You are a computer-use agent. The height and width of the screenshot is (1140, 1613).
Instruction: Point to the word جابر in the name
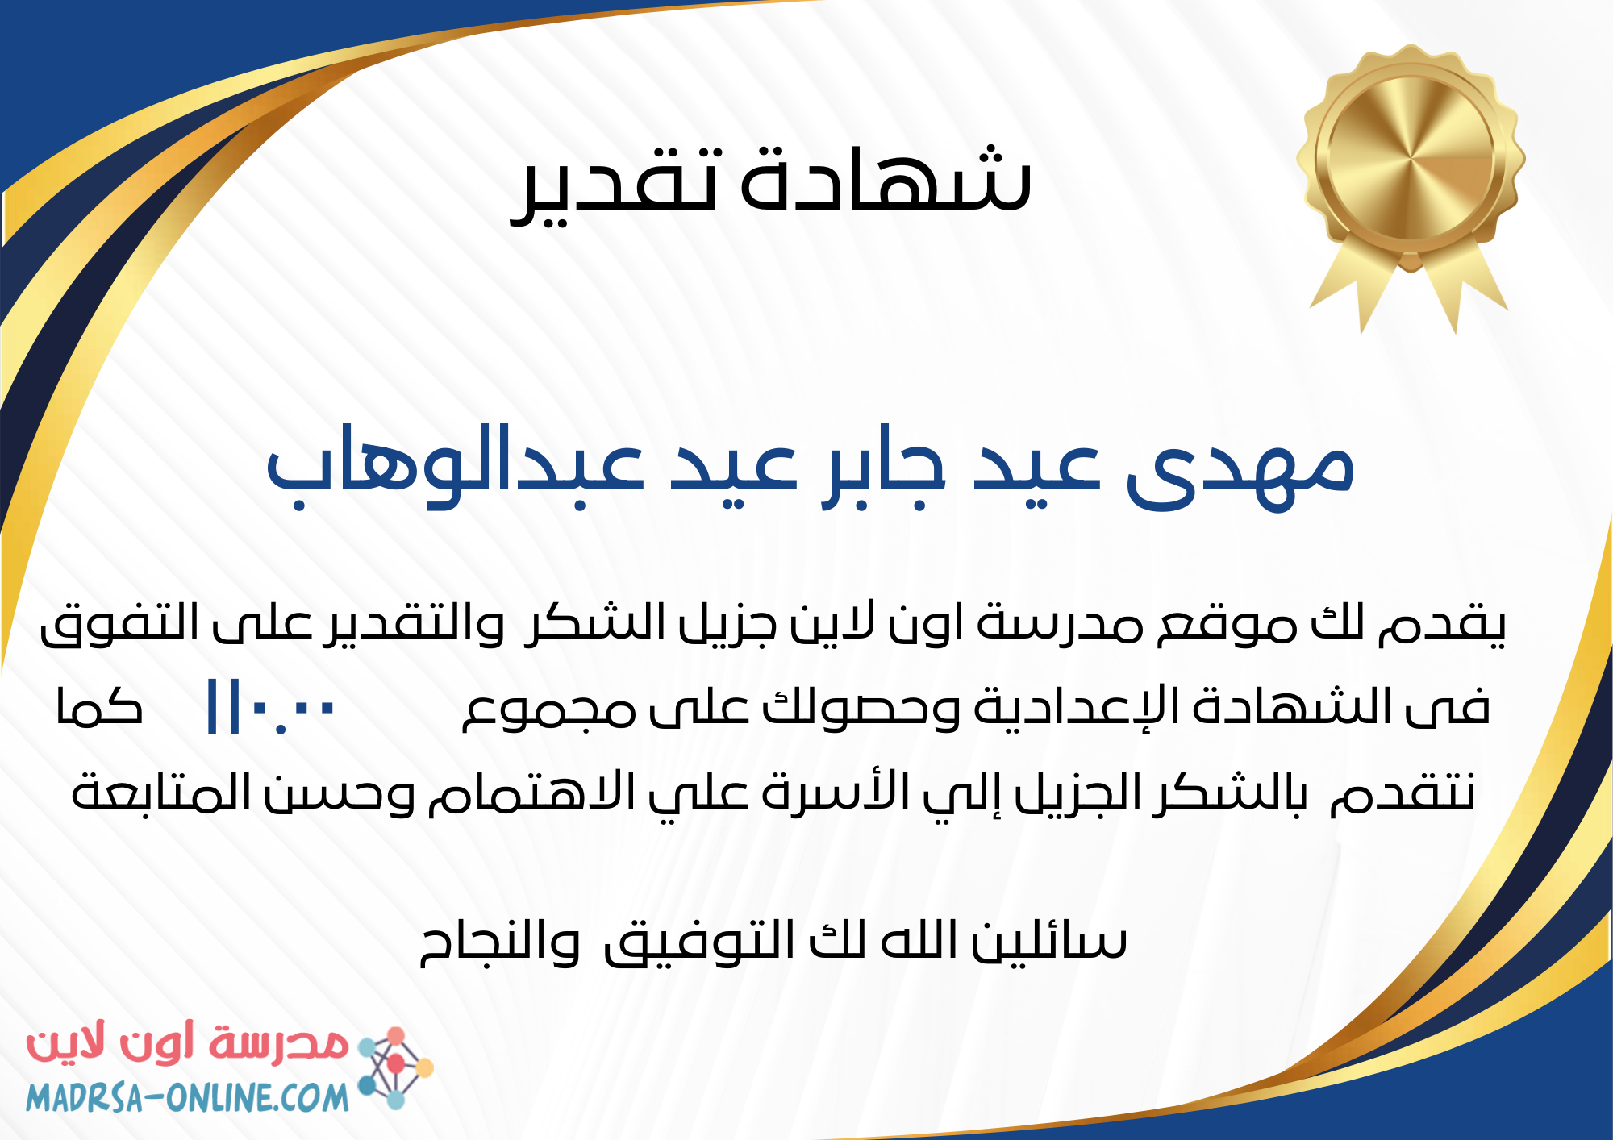pos(883,468)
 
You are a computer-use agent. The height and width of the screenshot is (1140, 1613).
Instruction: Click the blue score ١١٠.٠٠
pos(271,707)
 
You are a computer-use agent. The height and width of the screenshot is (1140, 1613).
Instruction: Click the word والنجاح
pos(500,942)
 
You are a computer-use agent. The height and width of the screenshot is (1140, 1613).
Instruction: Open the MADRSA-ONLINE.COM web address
pos(187,1097)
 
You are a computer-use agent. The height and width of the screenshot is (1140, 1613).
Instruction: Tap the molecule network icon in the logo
pos(395,1067)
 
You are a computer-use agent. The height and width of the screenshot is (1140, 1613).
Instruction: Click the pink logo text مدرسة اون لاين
pos(187,1044)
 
